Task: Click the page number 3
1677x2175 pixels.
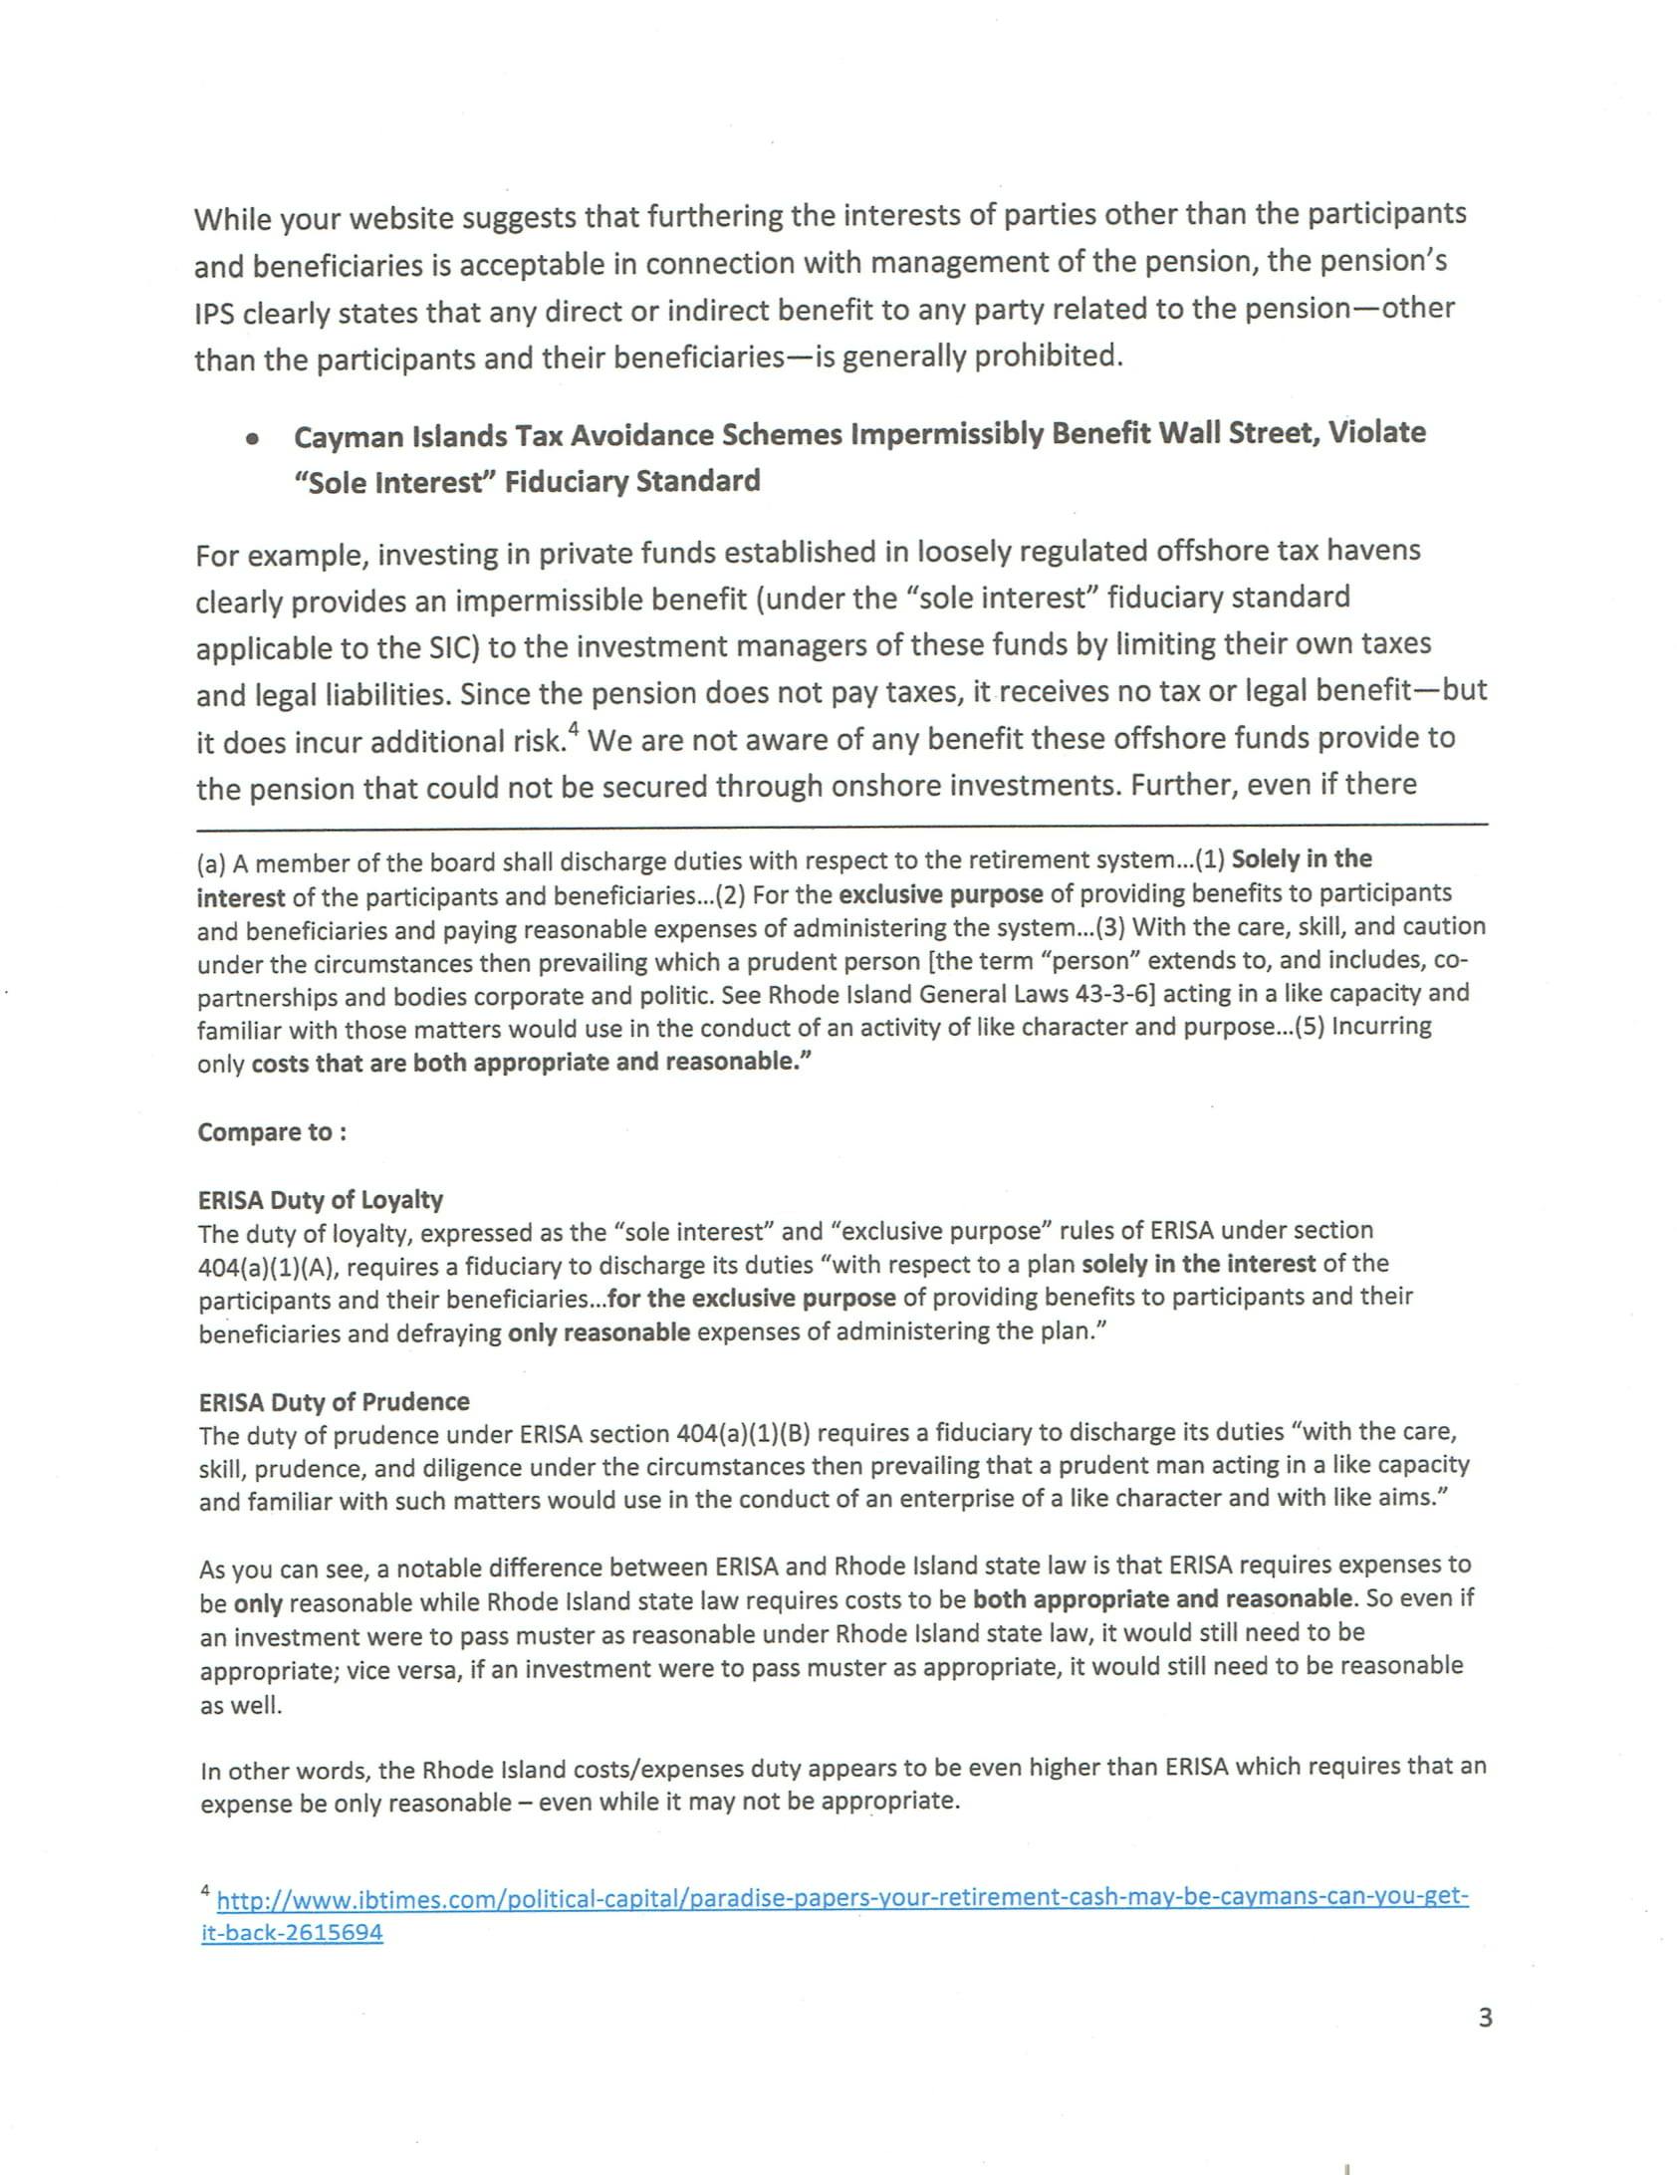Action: [x=1485, y=2018]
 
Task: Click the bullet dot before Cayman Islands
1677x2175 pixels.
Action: [x=255, y=438]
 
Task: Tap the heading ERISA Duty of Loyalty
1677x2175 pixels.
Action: [x=320, y=1199]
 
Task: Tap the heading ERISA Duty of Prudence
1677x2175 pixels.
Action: [x=334, y=1401]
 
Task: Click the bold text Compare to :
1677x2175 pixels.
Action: [x=272, y=1132]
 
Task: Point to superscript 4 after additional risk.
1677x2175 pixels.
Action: [x=574, y=732]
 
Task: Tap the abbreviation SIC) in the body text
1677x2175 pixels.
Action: [x=454, y=647]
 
